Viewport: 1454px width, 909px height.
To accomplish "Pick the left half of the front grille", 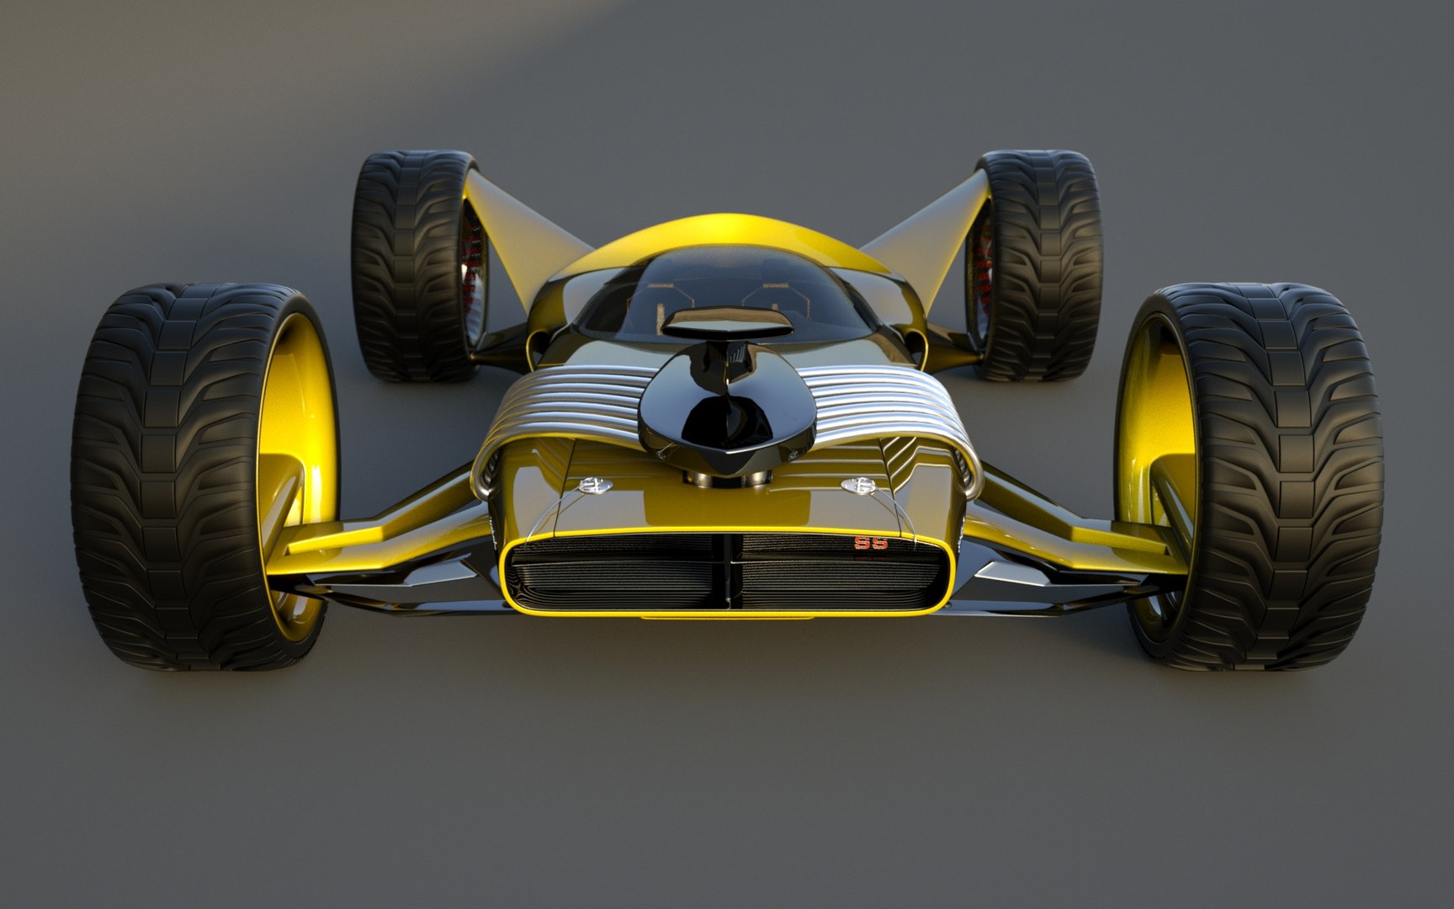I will (x=614, y=572).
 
